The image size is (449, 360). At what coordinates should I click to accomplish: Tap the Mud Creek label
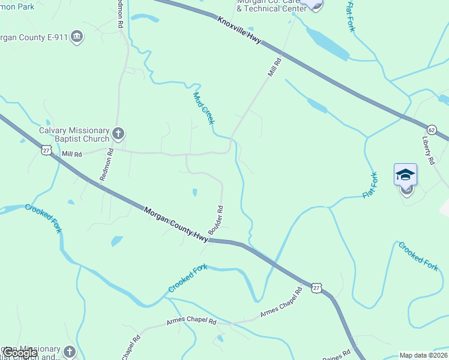tap(203, 108)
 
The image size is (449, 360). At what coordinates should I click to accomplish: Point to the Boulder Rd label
tap(216, 220)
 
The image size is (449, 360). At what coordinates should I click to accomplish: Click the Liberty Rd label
tap(429, 150)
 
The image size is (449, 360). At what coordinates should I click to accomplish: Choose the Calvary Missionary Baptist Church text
tap(74, 135)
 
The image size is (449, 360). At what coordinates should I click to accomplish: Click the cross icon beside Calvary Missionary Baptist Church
tap(118, 133)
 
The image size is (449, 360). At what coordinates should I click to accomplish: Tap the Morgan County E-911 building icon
tap(77, 37)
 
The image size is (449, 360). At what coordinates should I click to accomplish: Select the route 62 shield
tap(432, 130)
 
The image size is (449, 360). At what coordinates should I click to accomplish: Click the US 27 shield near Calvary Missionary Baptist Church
tap(46, 149)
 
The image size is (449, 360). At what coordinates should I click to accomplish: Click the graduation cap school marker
tap(405, 175)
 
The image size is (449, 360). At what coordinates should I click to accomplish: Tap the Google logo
tap(20, 353)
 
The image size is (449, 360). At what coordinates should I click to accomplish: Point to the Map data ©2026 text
tap(424, 355)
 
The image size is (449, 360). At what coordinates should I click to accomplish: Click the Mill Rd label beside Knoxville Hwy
tap(275, 67)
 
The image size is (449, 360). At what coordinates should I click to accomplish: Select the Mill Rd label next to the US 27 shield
tap(71, 154)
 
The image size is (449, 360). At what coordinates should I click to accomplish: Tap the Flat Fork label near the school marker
tap(370, 185)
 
